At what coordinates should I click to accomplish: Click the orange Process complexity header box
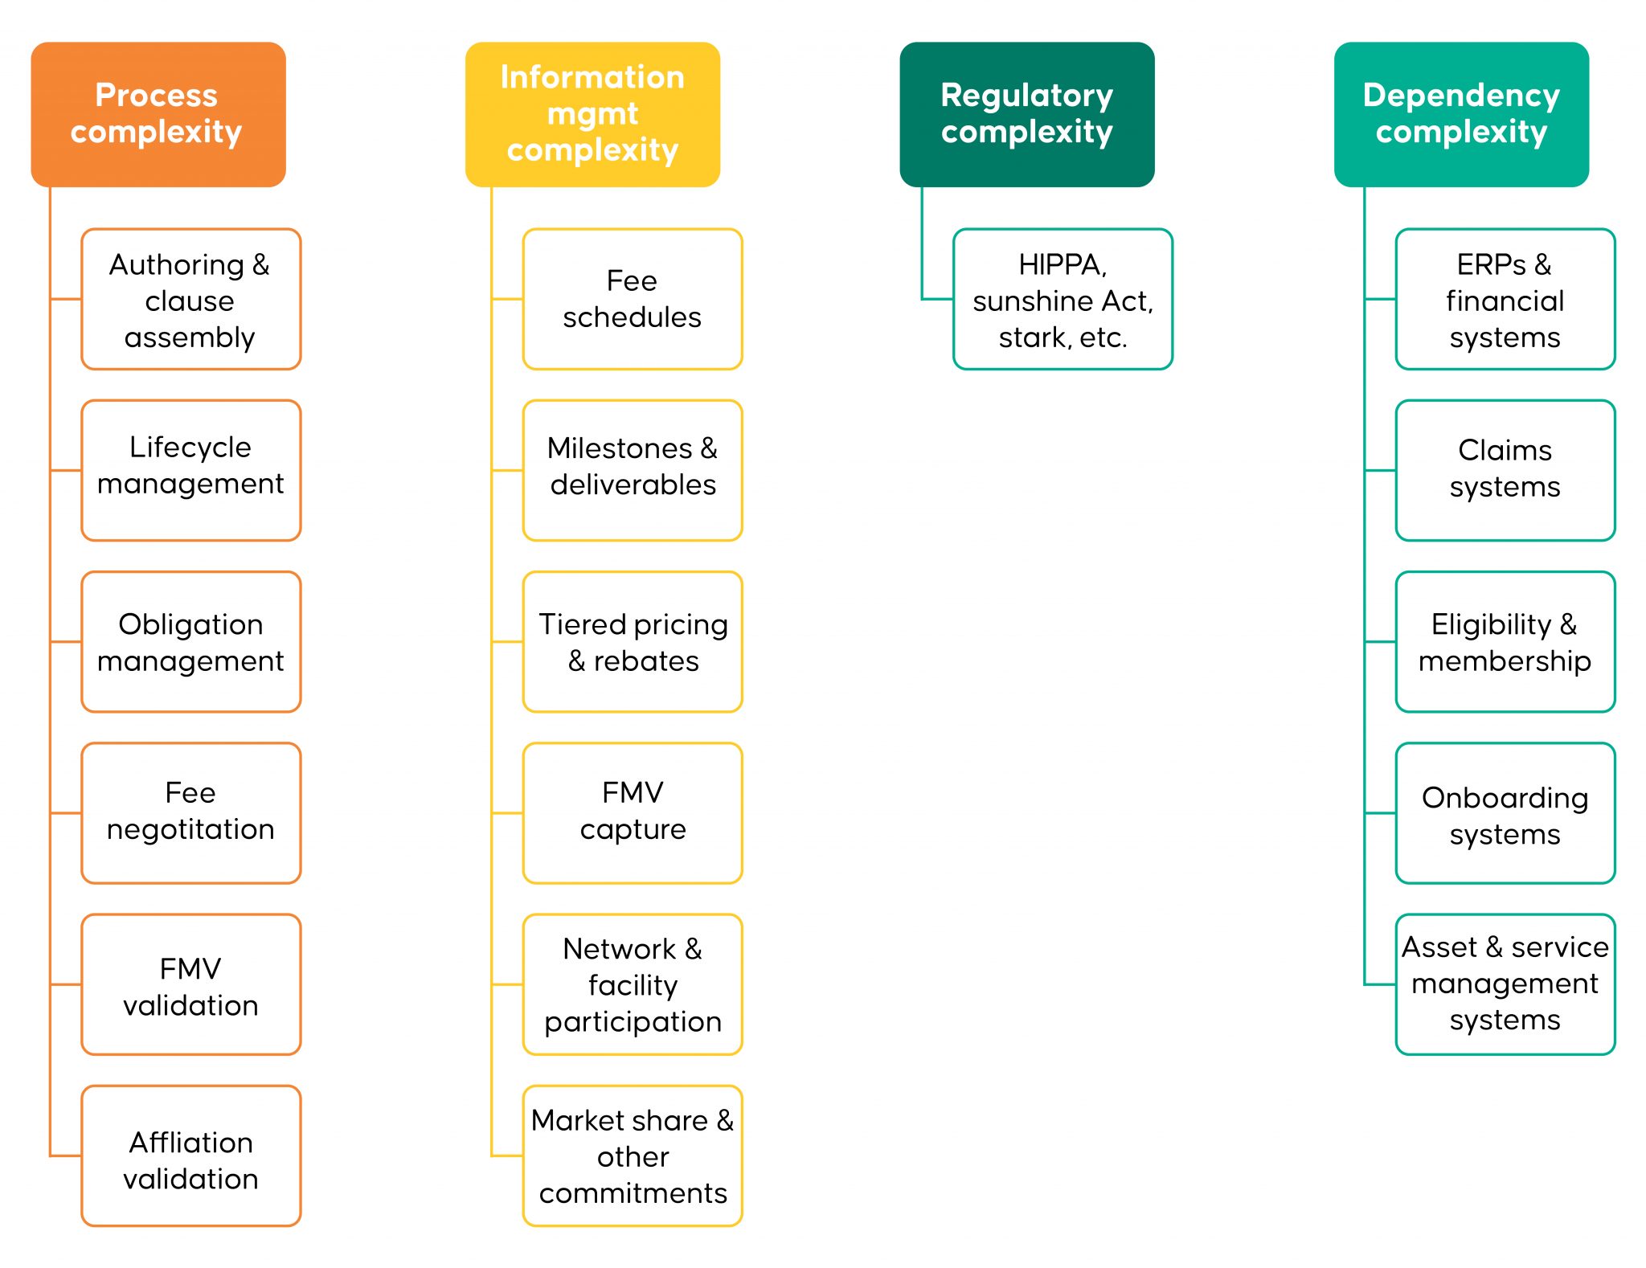coord(158,114)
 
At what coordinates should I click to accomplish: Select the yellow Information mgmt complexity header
coord(592,114)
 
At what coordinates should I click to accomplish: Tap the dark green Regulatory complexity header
coord(1026,114)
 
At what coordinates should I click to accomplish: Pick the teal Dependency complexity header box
coord(1460,114)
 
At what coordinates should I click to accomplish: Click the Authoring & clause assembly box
coord(190,299)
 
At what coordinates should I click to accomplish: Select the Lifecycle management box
coord(190,470)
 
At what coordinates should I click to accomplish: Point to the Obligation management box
coord(190,641)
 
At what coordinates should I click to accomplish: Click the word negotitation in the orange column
coord(190,829)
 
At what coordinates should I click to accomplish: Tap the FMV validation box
coord(190,984)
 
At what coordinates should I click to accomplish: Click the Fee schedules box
coord(632,299)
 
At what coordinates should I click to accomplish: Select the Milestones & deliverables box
coord(632,470)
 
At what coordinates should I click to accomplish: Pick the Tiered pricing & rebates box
coord(632,641)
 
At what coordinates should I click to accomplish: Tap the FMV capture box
coord(632,812)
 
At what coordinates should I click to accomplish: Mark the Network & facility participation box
coord(632,984)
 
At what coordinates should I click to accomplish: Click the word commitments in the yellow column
coord(633,1193)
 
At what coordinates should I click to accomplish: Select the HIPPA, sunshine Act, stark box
coord(1063,299)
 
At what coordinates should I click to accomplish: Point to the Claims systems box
coord(1505,470)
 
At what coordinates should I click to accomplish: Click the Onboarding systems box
coord(1505,812)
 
